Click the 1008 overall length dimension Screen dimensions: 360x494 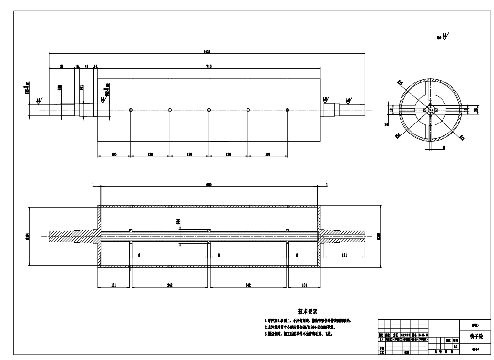point(207,51)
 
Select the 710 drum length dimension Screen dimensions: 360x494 point(208,66)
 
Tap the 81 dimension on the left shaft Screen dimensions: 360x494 point(62,66)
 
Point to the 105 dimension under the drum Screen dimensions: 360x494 point(114,154)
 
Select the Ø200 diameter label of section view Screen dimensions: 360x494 point(379,237)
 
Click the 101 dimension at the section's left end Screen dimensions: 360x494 point(114,286)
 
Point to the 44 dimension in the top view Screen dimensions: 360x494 point(86,66)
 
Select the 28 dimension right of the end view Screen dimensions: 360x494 point(476,110)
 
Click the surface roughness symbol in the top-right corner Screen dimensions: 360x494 point(444,36)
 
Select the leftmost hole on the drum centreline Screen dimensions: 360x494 point(131,110)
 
